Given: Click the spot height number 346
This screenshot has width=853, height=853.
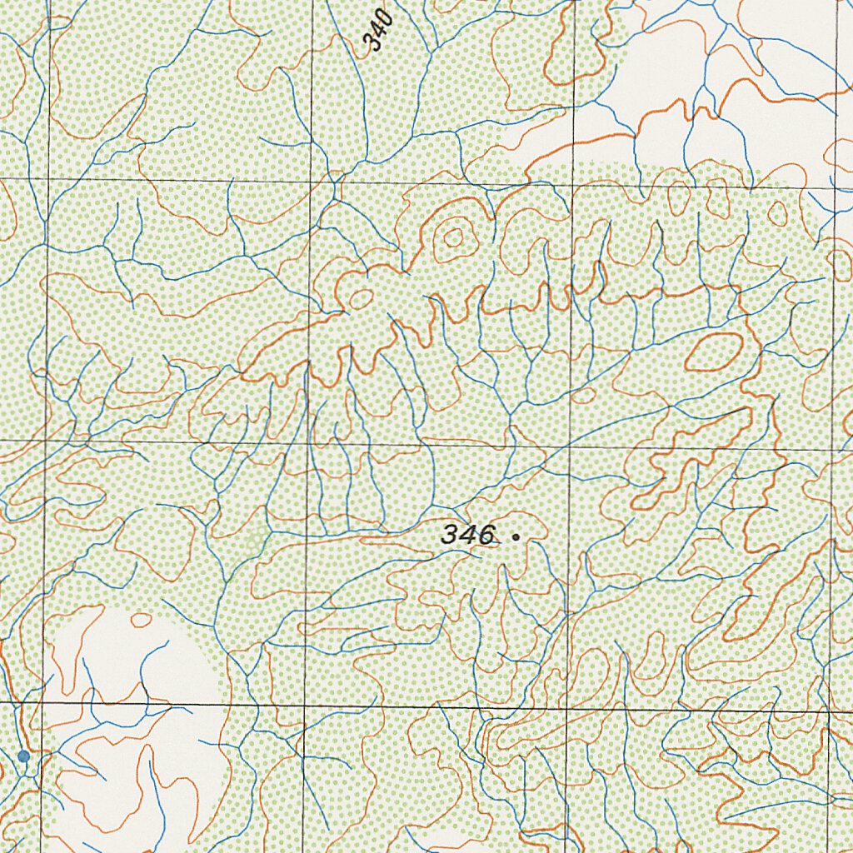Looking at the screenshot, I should [468, 535].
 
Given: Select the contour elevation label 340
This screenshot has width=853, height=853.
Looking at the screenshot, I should [379, 31].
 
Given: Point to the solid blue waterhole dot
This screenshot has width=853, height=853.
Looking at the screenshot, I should [23, 756].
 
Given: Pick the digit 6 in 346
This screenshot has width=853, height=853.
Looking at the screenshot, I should [485, 535].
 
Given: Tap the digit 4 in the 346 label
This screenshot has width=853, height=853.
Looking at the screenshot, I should [468, 535].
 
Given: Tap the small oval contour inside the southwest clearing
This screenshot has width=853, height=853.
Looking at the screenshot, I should [142, 620].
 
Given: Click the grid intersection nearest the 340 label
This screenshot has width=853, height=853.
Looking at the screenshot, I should [312, 180].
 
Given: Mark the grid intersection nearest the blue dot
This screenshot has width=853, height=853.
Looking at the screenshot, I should [42, 702].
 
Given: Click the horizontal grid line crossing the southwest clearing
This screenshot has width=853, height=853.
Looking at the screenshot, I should [125, 704].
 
